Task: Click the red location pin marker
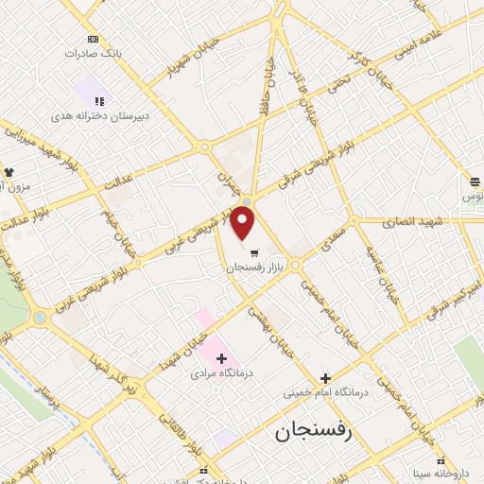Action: [x=244, y=224]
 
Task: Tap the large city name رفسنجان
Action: [x=313, y=433]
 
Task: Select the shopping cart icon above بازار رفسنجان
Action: [x=253, y=252]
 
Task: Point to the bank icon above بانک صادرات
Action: [x=92, y=39]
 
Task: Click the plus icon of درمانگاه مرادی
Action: [x=223, y=358]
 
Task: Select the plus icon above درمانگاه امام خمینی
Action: [x=324, y=377]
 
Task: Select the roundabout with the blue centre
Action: [x=39, y=318]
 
